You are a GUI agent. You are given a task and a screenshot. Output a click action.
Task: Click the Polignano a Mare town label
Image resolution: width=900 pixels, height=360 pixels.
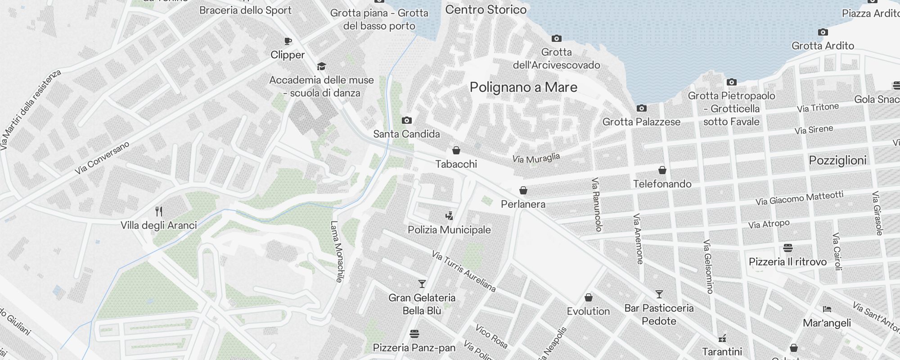(523, 87)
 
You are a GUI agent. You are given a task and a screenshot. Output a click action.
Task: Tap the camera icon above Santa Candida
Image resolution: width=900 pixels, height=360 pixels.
(406, 120)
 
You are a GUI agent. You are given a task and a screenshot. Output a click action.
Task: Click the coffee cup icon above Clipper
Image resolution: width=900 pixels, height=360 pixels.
(288, 41)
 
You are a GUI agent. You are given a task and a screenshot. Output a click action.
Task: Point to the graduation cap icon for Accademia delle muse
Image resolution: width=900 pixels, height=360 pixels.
(321, 67)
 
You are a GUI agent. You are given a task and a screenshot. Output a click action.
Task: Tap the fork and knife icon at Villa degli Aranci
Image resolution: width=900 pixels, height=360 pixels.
(158, 211)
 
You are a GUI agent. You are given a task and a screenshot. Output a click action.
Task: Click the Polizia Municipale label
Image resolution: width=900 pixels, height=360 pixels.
(449, 230)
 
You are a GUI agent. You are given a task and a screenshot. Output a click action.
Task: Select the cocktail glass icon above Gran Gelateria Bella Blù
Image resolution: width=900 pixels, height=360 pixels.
(422, 284)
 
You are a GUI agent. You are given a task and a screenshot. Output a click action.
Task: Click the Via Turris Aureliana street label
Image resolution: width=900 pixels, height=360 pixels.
(463, 271)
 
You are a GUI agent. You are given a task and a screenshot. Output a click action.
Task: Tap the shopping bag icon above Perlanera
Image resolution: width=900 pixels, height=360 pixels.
(523, 190)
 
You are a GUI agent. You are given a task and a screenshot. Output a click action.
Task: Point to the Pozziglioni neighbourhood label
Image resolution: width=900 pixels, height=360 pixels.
(837, 161)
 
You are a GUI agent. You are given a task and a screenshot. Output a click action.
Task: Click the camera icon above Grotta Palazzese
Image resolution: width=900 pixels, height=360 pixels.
(641, 108)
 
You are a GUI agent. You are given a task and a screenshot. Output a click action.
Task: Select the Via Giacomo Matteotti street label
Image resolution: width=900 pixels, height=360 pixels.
(799, 198)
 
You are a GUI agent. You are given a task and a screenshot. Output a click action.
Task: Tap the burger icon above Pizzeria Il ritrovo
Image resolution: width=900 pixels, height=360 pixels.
(787, 248)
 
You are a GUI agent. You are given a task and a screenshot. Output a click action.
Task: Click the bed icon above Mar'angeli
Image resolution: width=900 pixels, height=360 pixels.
(827, 309)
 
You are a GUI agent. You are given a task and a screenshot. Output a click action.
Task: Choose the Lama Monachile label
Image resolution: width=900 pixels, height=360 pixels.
(337, 251)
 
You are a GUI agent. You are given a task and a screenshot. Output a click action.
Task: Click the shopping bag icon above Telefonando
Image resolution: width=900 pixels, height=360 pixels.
(662, 170)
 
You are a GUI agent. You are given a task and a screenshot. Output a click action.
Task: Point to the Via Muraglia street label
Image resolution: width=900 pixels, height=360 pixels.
(536, 158)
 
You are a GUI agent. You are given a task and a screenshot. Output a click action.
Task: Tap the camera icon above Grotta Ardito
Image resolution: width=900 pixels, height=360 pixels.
(823, 32)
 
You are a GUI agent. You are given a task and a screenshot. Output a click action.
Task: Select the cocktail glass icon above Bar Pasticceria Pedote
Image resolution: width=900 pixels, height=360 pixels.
(659, 294)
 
